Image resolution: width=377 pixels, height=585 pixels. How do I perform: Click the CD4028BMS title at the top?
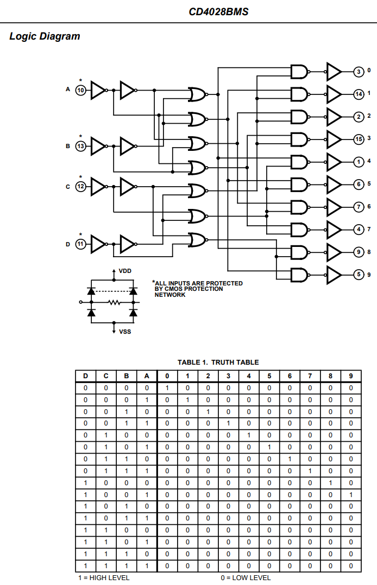[219, 11]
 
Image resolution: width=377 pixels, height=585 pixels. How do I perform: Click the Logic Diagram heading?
[45, 36]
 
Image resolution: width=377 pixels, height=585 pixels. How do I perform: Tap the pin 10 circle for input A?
[80, 90]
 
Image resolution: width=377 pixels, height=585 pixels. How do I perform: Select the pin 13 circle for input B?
[80, 146]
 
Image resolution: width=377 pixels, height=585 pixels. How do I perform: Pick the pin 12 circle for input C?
[80, 186]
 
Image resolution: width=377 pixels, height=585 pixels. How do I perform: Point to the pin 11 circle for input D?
[80, 244]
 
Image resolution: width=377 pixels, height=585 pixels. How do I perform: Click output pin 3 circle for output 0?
[359, 71]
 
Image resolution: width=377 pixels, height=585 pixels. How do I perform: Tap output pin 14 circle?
[359, 94]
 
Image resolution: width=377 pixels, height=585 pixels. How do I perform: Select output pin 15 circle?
[359, 139]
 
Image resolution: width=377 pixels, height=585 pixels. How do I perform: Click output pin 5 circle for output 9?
[359, 275]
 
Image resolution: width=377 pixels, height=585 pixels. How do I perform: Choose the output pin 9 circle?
[359, 252]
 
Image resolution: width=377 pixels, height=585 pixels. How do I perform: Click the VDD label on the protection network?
[124, 271]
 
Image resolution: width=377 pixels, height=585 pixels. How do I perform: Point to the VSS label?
[124, 331]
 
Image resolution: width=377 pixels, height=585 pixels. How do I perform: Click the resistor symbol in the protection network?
[114, 302]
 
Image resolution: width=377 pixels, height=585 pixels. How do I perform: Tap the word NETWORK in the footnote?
[170, 295]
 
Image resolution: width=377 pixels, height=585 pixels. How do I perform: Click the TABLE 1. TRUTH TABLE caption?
[218, 362]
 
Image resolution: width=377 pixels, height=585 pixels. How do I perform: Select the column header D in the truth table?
[85, 376]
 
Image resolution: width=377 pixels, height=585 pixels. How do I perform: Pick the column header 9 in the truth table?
[351, 376]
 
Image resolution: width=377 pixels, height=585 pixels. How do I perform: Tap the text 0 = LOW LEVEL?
[246, 577]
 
